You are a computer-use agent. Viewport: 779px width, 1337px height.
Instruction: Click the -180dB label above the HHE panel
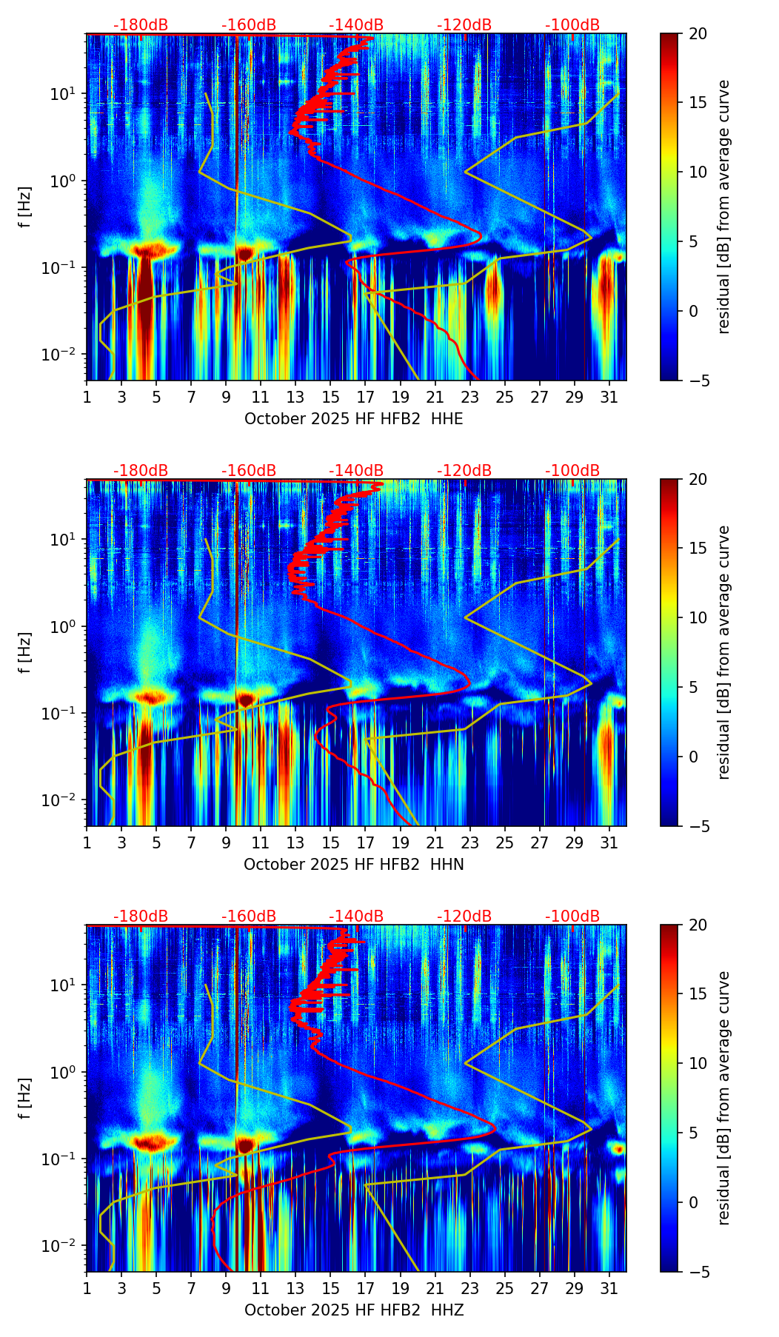tap(141, 25)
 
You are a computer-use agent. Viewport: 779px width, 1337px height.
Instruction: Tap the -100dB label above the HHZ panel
tap(572, 917)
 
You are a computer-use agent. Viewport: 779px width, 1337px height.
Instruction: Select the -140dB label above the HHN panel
tap(356, 471)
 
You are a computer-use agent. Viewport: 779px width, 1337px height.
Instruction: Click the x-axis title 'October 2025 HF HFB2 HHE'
tap(354, 419)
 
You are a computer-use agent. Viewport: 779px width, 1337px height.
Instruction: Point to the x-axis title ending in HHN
tap(354, 865)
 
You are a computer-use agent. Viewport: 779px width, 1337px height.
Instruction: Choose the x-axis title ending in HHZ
tap(354, 1310)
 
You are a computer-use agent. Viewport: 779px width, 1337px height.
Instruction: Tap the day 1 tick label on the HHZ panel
tap(87, 1289)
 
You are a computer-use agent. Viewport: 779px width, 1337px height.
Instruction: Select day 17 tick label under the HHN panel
tap(365, 843)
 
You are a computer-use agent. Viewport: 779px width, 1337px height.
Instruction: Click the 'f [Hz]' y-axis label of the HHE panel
tap(26, 207)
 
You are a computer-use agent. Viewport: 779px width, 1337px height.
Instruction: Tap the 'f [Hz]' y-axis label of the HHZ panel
tap(26, 1098)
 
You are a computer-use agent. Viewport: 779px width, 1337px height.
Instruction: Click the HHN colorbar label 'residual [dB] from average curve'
tap(723, 652)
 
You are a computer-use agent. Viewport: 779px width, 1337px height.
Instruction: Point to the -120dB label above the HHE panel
tap(464, 25)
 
